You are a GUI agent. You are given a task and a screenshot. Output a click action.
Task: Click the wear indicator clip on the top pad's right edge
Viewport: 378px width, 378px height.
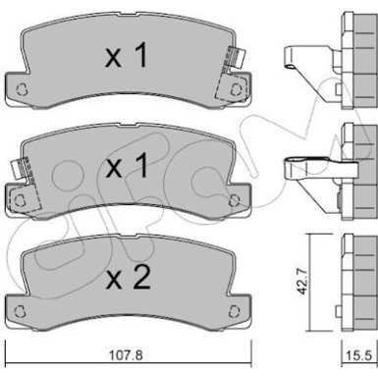coord(237,61)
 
